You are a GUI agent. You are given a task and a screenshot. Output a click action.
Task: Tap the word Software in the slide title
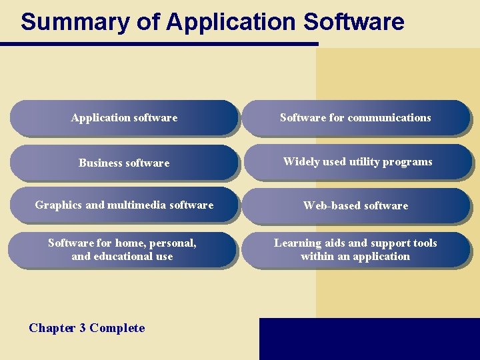click(353, 22)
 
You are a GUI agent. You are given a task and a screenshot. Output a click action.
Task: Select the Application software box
click(124, 118)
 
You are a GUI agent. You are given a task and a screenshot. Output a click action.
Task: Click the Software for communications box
click(355, 118)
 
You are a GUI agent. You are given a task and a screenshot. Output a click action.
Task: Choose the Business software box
click(124, 163)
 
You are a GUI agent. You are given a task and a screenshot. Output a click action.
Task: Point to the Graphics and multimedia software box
click(124, 205)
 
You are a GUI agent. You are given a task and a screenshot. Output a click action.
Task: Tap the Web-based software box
click(355, 206)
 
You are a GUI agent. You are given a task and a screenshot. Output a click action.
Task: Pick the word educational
click(121, 257)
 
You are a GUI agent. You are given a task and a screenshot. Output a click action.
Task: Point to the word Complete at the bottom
click(117, 328)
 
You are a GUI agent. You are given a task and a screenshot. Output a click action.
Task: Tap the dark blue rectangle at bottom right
click(369, 339)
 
